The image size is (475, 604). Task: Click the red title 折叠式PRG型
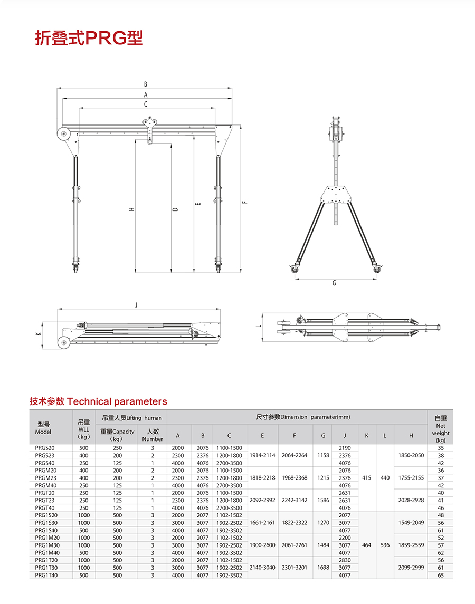(89, 38)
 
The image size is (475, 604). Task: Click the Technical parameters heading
(98, 401)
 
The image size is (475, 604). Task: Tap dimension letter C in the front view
(146, 104)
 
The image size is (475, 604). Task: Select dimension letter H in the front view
(131, 209)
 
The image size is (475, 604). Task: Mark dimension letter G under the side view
(334, 283)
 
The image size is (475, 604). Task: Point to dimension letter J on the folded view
(136, 305)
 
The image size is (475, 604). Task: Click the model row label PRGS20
(45, 448)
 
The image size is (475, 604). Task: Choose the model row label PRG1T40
(46, 575)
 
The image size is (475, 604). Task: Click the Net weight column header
(441, 429)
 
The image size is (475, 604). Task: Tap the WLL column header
(83, 429)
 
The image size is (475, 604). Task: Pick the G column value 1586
(323, 500)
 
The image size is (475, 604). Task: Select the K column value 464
(366, 545)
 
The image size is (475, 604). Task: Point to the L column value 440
(385, 478)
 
